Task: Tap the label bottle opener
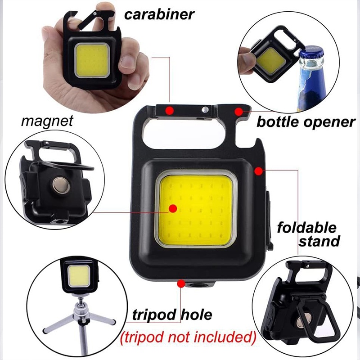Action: pos(306,121)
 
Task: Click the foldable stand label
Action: pos(306,234)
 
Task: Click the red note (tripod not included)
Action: pos(188,336)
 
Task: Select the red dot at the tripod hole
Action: pos(181,283)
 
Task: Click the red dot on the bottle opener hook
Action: pos(238,110)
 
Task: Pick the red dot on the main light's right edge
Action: pos(258,170)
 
